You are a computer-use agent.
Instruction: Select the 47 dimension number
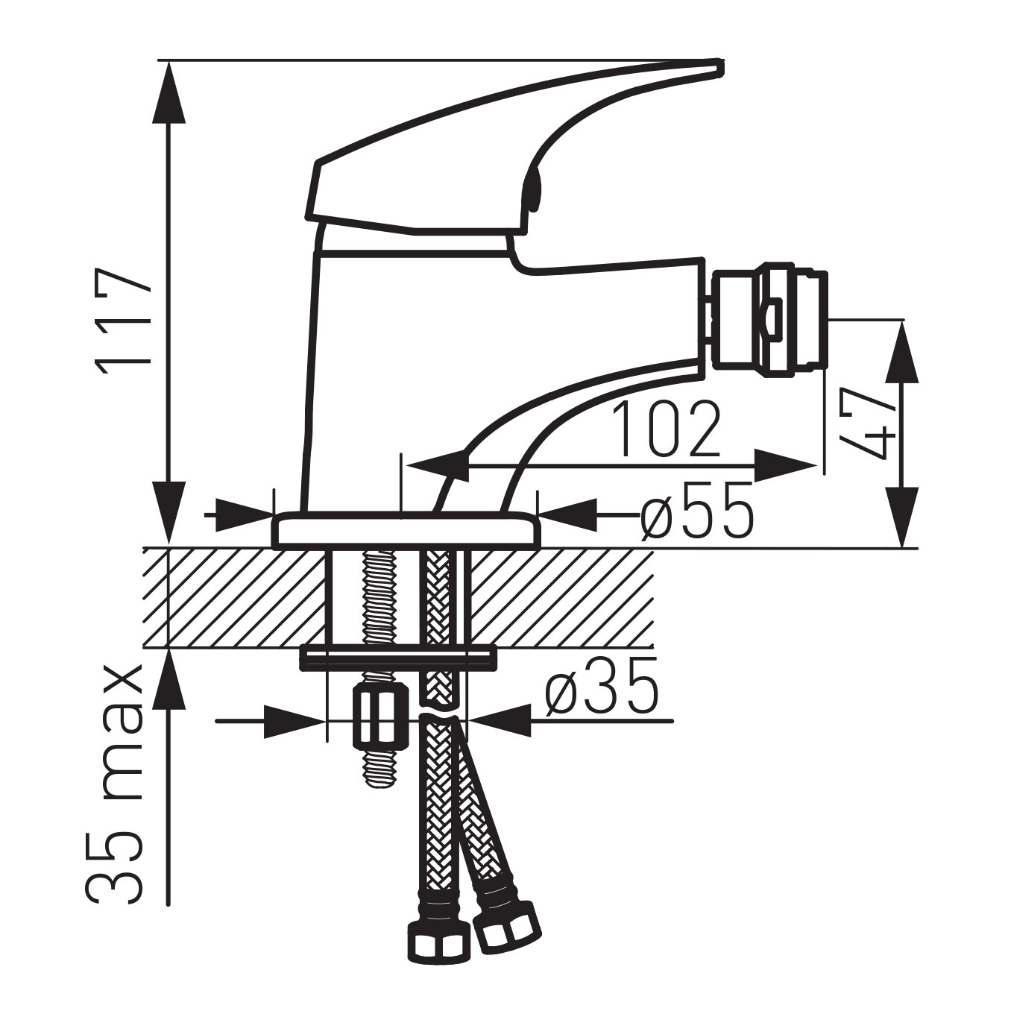click(867, 424)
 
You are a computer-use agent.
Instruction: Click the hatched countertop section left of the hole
click(235, 597)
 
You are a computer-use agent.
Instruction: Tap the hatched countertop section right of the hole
click(559, 597)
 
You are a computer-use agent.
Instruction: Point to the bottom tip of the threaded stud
click(379, 782)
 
